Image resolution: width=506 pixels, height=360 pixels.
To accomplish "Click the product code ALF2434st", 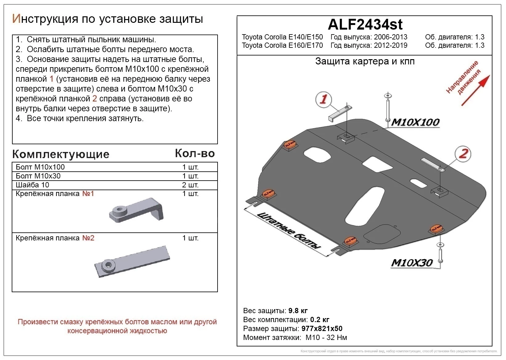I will click(x=365, y=24).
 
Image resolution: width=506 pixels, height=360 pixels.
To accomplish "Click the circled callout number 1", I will click(x=323, y=100).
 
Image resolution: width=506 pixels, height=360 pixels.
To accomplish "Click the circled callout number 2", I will click(x=463, y=153).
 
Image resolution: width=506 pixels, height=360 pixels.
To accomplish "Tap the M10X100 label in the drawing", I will click(x=415, y=122).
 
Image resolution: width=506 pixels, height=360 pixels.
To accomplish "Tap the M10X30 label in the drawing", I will click(x=412, y=263).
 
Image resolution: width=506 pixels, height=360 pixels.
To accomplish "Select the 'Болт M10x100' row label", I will click(x=40, y=167).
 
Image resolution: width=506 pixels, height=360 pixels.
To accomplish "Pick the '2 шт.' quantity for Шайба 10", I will click(x=190, y=185).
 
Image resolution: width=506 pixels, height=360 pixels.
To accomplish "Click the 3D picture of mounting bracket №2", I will click(x=133, y=262).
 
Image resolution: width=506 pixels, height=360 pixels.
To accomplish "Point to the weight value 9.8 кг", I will click(x=298, y=311).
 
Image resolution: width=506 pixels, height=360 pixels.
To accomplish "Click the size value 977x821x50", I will click(x=322, y=329).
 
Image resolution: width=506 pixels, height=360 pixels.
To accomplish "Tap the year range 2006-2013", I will click(x=390, y=37).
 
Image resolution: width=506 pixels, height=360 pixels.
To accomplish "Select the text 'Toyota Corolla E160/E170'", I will click(x=282, y=46).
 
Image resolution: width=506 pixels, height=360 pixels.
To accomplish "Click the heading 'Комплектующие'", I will click(x=61, y=154).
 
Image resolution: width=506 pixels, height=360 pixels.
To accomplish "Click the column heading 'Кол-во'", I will click(x=195, y=153).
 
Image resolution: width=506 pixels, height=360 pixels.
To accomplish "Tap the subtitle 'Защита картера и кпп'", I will click(x=365, y=61).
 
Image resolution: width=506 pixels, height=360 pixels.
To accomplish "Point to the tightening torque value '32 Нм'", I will click(x=337, y=337).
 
